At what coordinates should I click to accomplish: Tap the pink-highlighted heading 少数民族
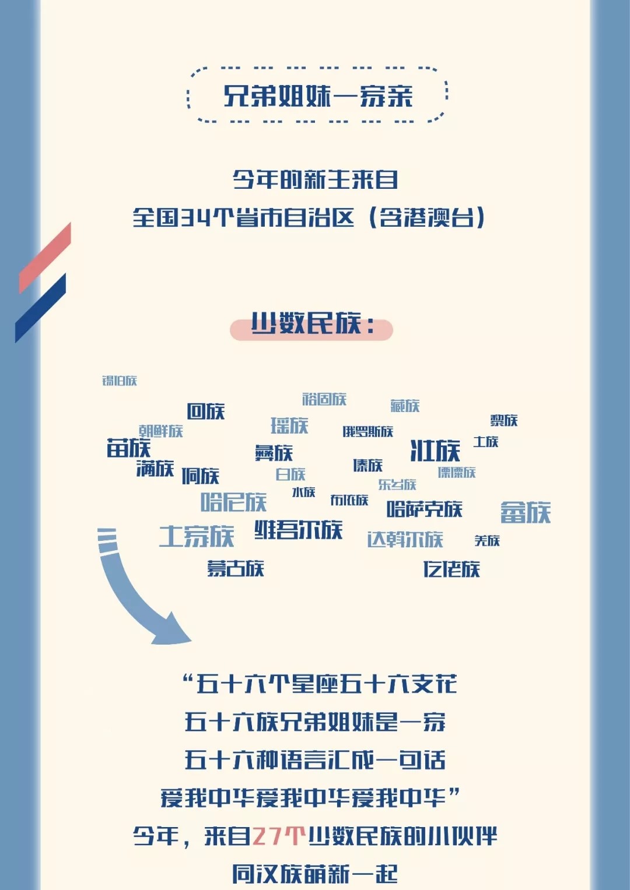coord(311,325)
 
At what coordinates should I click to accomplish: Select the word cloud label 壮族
coord(435,451)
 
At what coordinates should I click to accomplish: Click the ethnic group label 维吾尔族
coord(298,530)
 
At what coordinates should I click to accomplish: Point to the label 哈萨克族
coord(424,509)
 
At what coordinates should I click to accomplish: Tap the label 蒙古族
coord(236,568)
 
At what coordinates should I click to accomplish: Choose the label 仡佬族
coord(452,569)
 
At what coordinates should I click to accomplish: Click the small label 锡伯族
coord(120,381)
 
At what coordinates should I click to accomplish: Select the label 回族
coord(206,411)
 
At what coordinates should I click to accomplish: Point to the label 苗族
coord(128,448)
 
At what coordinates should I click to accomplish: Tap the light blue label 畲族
coord(525,512)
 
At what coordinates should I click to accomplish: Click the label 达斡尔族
coord(405,539)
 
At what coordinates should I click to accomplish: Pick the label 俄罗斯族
coord(367,431)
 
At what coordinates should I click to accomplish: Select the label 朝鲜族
coord(161,431)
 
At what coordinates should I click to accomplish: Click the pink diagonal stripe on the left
coord(45,258)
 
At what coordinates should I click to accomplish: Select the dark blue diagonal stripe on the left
coord(40,308)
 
